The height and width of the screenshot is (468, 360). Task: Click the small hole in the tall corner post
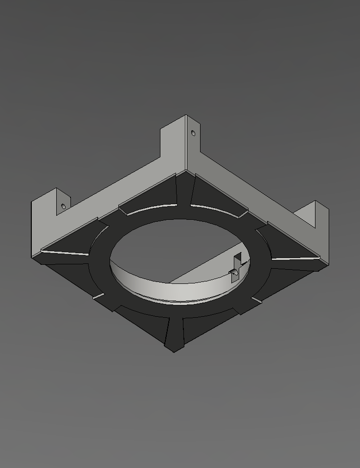[193, 133]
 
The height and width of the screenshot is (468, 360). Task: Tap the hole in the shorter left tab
[63, 206]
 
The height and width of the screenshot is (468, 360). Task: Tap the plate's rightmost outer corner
[328, 259]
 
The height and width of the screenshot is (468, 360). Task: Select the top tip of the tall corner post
[186, 116]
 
